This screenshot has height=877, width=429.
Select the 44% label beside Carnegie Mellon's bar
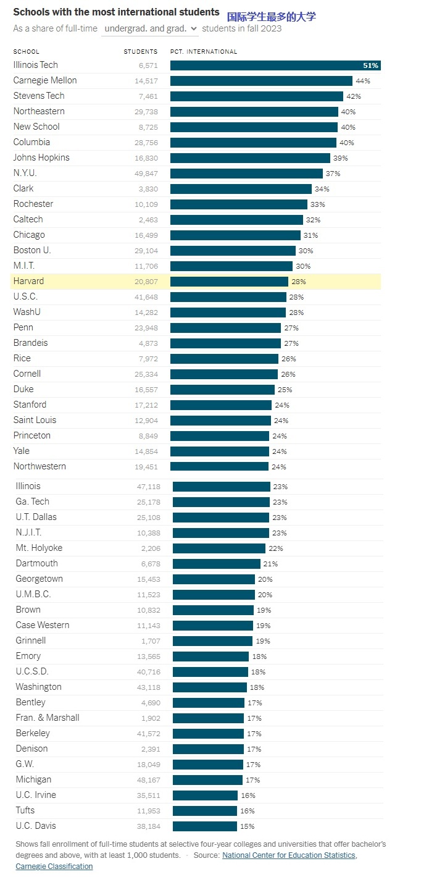362,81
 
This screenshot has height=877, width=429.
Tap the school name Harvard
28,282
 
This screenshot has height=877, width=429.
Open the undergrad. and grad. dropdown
150,28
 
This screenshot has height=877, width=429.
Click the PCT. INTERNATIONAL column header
203,52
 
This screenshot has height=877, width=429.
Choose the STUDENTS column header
140,52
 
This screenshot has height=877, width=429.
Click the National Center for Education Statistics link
288,855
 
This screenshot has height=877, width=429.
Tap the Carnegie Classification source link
54,867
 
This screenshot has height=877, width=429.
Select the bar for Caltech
236,220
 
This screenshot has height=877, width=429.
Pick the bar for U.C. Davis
204,826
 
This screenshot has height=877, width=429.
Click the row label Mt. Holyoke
39,548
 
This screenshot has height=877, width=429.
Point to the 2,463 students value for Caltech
147,220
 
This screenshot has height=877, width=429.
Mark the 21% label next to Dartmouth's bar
270,564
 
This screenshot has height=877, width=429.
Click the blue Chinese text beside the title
271,17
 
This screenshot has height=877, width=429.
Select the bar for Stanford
220,405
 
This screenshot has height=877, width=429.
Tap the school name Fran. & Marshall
48,718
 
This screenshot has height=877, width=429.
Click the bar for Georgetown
214,579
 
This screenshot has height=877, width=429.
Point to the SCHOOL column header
26,52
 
